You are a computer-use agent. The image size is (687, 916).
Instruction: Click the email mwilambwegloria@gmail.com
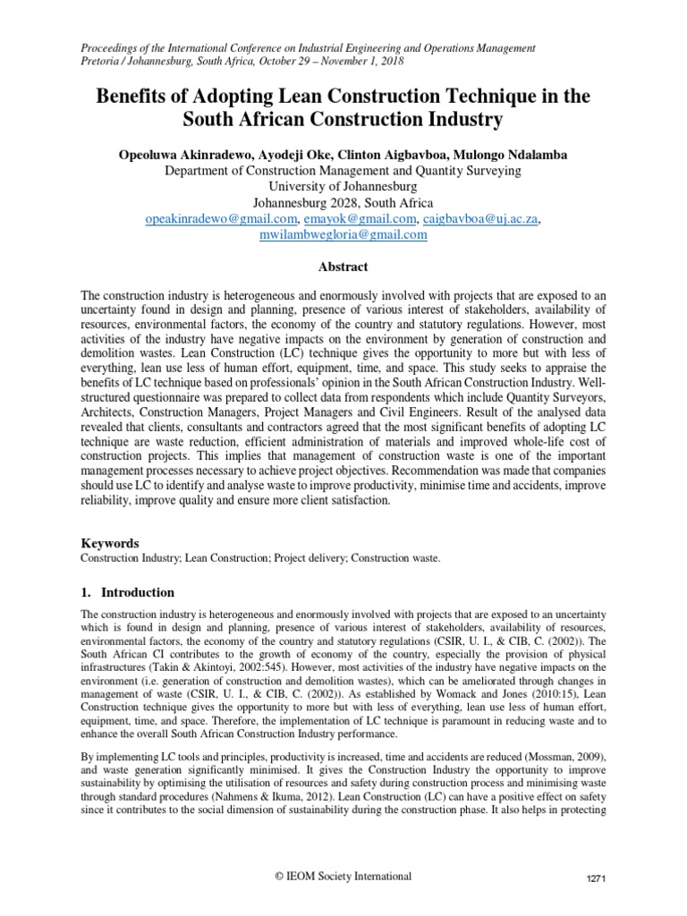(x=343, y=235)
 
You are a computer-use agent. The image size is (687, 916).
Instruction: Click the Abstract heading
(x=343, y=267)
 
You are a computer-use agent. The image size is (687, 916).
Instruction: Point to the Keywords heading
(x=110, y=542)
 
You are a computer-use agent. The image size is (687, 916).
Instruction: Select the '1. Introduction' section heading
(x=128, y=592)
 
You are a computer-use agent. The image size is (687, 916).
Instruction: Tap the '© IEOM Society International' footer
(x=343, y=876)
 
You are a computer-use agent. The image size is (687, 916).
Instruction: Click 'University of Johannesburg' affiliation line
(x=343, y=185)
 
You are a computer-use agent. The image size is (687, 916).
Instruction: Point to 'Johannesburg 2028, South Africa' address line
(x=343, y=201)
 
